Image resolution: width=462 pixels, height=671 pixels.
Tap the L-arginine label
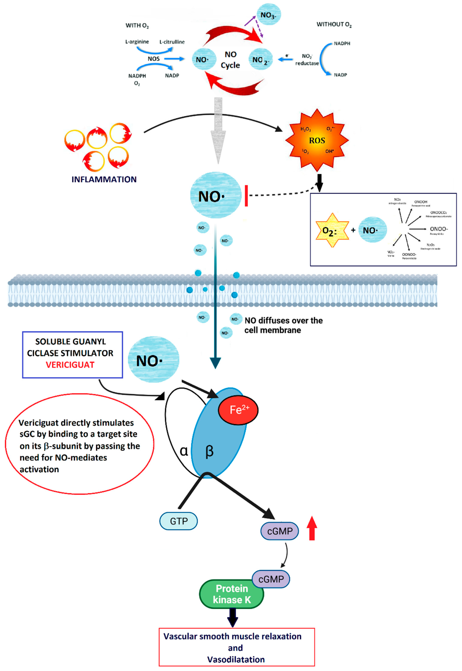pos(137,42)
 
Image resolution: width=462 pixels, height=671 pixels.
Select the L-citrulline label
pos(172,42)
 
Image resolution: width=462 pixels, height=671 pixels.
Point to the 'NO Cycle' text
pos(230,60)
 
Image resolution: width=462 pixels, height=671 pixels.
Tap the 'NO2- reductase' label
pos(307,60)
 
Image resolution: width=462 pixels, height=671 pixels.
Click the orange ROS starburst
pos(317,140)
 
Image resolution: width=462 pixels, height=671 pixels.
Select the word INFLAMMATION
pos(104,180)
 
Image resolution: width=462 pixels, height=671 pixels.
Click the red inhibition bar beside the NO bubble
pos(246,196)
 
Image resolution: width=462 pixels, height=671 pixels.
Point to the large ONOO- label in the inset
pos(438,229)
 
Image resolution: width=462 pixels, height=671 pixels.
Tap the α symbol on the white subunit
pos(184,451)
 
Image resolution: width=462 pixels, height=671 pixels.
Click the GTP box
pos(179,521)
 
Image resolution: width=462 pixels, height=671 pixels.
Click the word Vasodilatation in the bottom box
pos(236,659)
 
